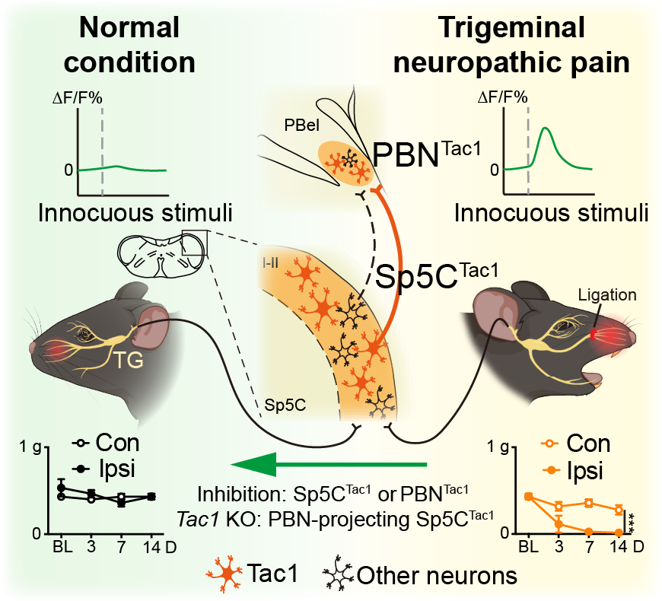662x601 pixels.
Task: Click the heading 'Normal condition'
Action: click(x=130, y=44)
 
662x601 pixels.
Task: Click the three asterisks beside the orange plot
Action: click(x=632, y=523)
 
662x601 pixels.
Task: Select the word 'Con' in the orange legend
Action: click(x=588, y=444)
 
